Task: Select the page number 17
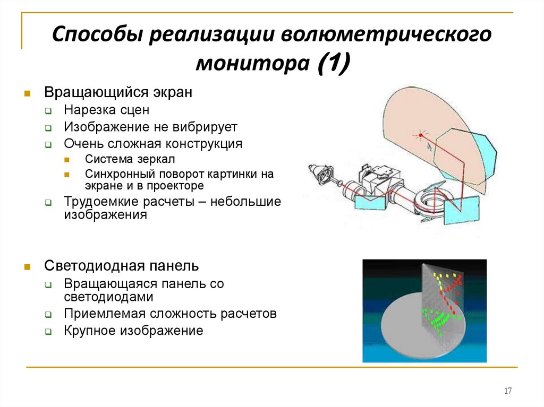(x=507, y=391)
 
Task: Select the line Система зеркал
(x=129, y=159)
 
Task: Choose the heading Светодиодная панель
(x=121, y=265)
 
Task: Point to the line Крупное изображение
(x=133, y=331)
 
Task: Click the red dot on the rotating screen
(x=420, y=135)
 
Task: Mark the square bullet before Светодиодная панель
(x=25, y=266)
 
